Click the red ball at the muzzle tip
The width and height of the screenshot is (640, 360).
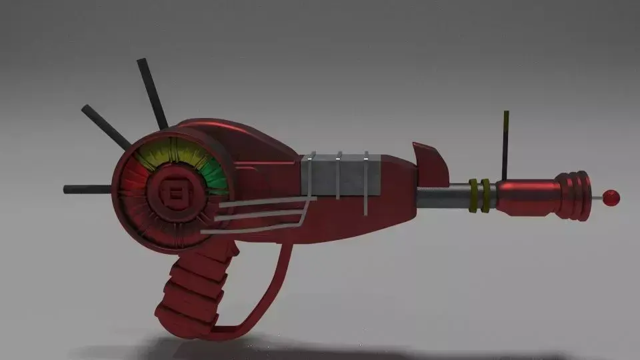click(x=611, y=197)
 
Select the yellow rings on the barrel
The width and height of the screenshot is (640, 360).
click(x=481, y=195)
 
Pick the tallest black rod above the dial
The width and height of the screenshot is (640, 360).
click(x=152, y=93)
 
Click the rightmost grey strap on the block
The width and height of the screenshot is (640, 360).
click(x=366, y=183)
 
